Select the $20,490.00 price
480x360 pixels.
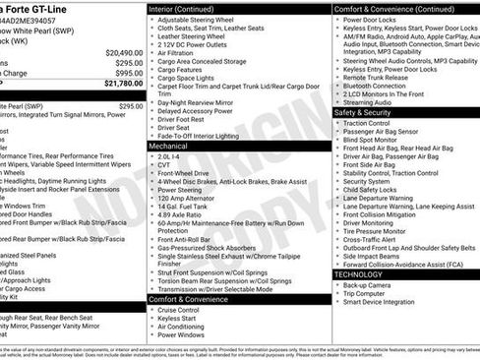pyautogui.click(x=124, y=52)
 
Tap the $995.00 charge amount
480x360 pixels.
pyautogui.click(x=128, y=73)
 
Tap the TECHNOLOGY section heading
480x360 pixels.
pyautogui.click(x=366, y=274)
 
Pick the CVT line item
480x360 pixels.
pyautogui.click(x=165, y=163)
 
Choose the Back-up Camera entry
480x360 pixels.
pyautogui.click(x=373, y=284)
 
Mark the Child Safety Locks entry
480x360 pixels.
pyautogui.click(x=377, y=189)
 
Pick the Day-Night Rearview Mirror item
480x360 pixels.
pyautogui.click(x=202, y=102)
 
